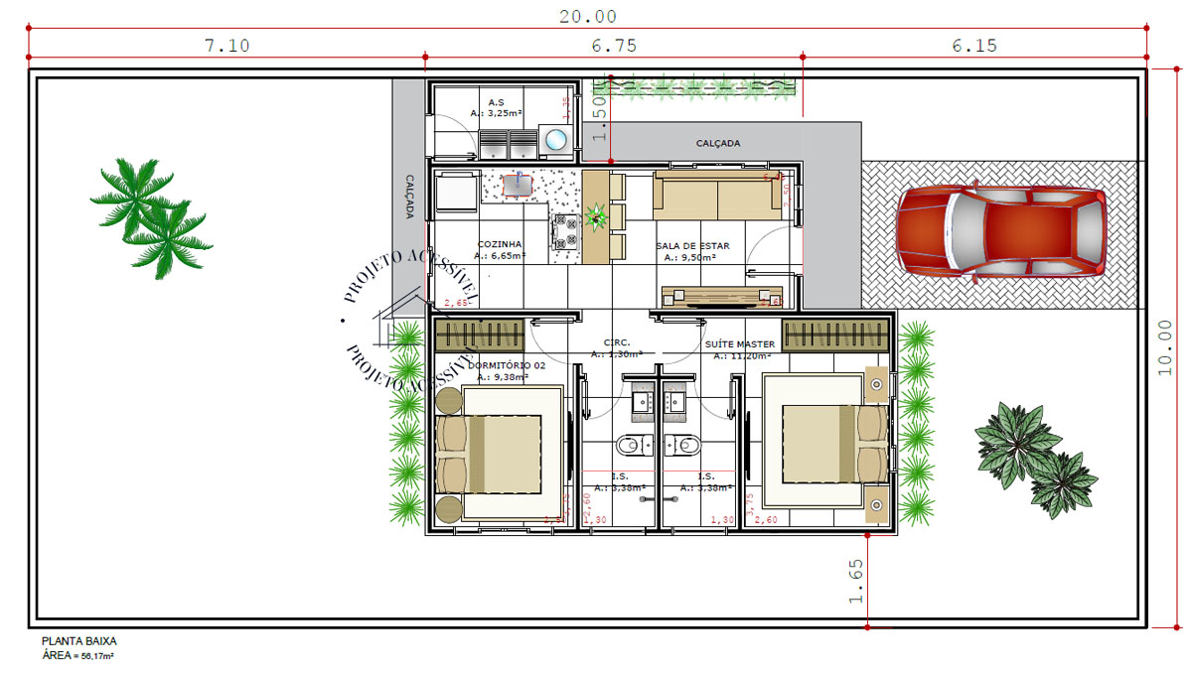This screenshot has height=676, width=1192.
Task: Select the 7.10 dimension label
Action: (226, 46)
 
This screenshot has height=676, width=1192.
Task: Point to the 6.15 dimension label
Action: (973, 46)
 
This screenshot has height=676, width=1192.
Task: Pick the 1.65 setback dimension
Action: (856, 581)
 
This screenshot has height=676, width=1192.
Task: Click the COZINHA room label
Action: (500, 244)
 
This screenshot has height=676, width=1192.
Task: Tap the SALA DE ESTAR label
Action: (692, 245)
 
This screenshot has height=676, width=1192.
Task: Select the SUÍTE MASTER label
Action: (740, 344)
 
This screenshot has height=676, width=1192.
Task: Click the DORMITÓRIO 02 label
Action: (512, 365)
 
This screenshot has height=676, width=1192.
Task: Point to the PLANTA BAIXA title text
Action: (78, 642)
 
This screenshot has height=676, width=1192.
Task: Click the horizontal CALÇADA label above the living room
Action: (717, 144)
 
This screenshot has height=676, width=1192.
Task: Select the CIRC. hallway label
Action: (617, 342)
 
